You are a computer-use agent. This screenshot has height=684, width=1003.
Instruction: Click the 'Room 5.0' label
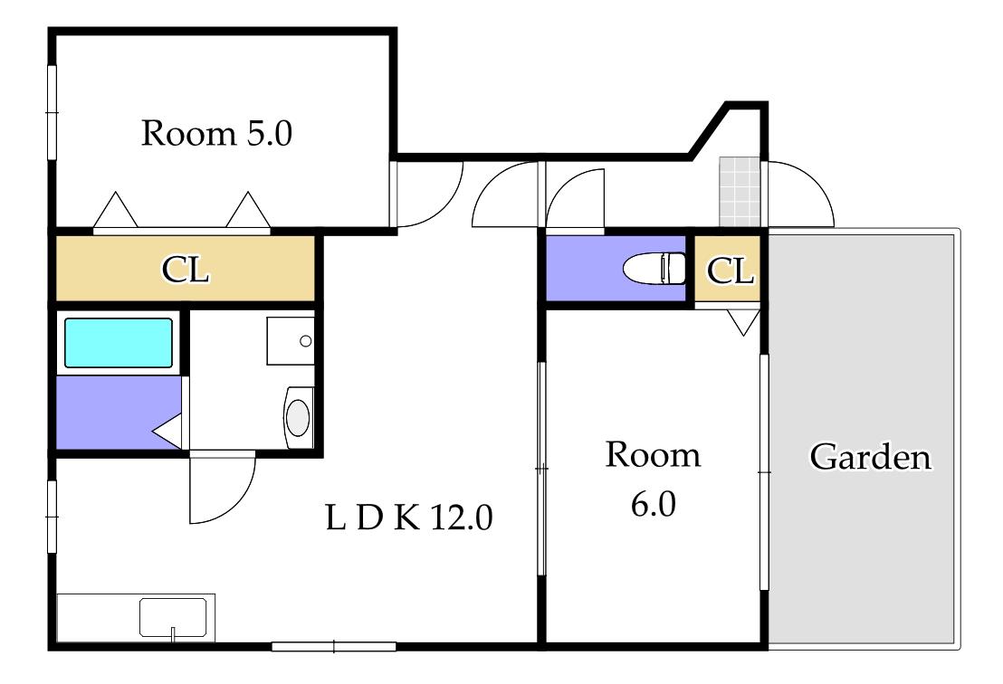point(216,134)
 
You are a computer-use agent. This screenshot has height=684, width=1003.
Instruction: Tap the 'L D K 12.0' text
point(409,518)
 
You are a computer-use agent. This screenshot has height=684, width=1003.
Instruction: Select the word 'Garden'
point(871,457)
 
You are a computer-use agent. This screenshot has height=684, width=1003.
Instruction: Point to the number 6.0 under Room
point(653,504)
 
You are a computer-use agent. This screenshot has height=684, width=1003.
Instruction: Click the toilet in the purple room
point(654,268)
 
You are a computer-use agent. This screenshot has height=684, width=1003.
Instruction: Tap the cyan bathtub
point(119,343)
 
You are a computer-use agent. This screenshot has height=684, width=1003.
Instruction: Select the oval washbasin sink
point(298,417)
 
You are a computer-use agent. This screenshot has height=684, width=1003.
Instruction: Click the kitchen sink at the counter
point(173,618)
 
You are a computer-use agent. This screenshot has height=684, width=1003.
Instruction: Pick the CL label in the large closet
point(185,269)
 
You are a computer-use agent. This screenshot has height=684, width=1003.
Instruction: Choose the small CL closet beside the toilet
point(728,269)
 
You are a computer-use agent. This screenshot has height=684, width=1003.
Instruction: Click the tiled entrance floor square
point(740,192)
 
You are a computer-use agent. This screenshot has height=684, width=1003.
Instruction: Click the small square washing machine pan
point(291,341)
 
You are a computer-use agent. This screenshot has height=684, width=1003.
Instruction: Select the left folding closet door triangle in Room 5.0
point(115,209)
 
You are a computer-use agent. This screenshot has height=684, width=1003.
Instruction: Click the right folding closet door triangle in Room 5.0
point(248,209)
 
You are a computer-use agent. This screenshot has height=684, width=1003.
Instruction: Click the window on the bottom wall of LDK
point(334,646)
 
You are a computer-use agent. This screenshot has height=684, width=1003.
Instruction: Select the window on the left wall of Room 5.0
point(53,112)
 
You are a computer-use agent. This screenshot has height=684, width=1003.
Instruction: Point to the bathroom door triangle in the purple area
point(167,431)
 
